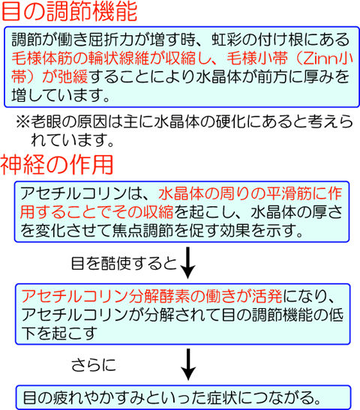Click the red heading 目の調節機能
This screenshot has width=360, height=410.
point(69,11)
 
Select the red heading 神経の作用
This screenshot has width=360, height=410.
point(57,165)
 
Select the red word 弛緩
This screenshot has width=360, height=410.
point(73,77)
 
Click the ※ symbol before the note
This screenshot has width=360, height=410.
point(23,122)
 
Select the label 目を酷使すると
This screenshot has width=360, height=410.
point(124,263)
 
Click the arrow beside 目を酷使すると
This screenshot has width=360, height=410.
point(187,262)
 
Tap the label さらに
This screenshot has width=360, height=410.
point(94,365)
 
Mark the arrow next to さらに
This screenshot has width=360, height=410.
point(187,364)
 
